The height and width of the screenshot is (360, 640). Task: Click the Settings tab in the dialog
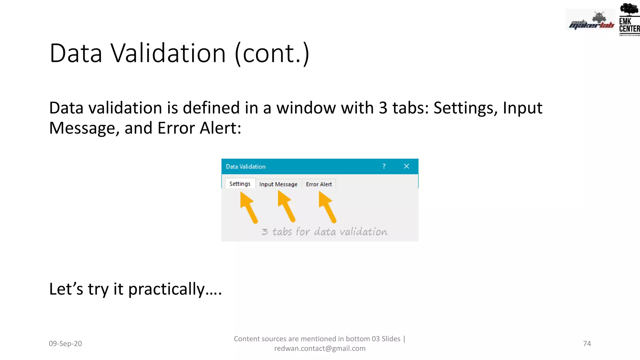[x=240, y=184]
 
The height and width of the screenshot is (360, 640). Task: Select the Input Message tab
[x=278, y=184]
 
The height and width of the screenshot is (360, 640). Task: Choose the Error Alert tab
[x=319, y=184]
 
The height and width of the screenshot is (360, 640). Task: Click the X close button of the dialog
[x=406, y=166]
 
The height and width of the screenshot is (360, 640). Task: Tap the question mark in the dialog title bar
[x=384, y=166]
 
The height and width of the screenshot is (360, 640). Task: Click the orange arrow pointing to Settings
[x=249, y=207]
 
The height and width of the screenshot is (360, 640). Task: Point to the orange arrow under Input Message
[x=286, y=206]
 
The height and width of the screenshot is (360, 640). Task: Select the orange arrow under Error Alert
[x=327, y=207]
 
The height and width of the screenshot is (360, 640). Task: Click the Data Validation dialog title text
[x=246, y=167]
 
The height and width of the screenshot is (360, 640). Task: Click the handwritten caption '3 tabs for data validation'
[x=324, y=232]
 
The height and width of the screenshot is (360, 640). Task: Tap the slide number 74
[x=587, y=343]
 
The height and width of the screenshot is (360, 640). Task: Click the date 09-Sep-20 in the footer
[x=65, y=343]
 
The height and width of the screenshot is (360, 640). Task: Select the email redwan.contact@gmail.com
[x=320, y=348]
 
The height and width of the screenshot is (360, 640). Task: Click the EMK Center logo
[x=629, y=19]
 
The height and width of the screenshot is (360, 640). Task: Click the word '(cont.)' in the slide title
[x=272, y=54]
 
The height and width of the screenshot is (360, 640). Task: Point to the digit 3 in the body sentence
[x=383, y=108]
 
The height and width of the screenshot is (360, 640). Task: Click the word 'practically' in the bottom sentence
[x=166, y=289]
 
